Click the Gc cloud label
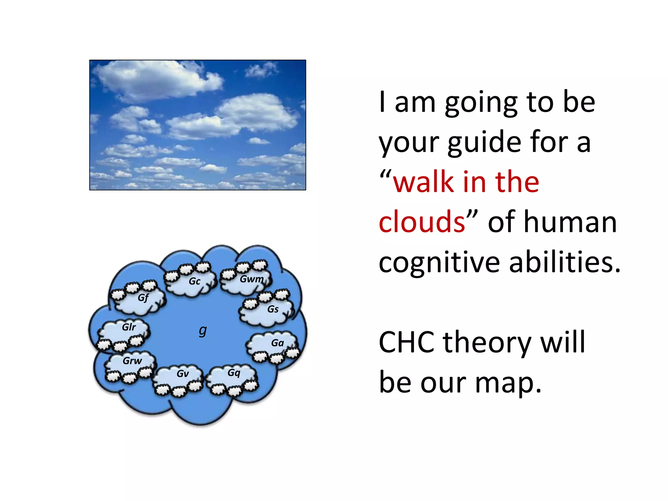click(x=194, y=281)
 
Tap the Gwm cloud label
click(x=251, y=279)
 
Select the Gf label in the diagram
click(x=143, y=298)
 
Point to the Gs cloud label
click(x=273, y=309)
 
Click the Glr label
click(x=129, y=327)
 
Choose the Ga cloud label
click(x=277, y=343)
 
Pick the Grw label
click(x=132, y=361)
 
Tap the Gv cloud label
click(x=182, y=374)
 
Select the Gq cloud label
click(x=234, y=373)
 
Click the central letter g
click(x=203, y=331)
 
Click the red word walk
click(x=424, y=182)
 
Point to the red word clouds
click(x=422, y=222)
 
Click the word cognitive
click(x=439, y=263)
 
